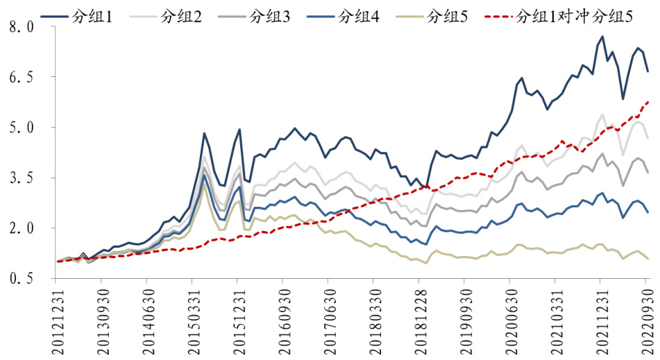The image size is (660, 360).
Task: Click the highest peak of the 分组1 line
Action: click(x=602, y=36)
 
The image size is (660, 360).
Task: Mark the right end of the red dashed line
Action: click(x=648, y=102)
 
